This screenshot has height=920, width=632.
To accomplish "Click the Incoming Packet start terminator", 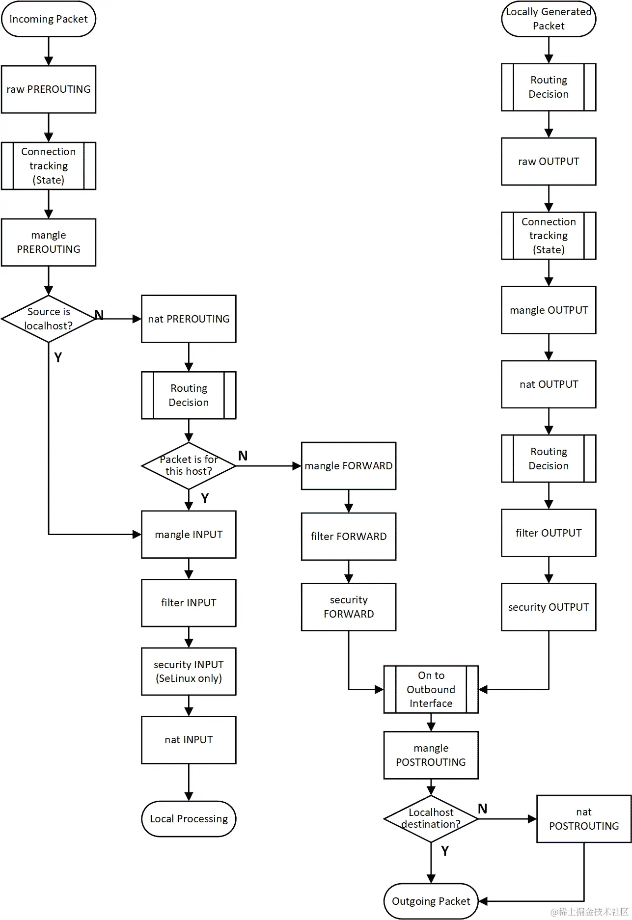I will [x=48, y=19].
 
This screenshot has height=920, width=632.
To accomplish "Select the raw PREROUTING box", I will [x=48, y=89].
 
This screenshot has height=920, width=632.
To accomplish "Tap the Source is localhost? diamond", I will [x=48, y=319].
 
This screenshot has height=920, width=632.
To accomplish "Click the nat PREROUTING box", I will [x=189, y=319].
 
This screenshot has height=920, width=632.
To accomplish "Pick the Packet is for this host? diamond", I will [x=189, y=465].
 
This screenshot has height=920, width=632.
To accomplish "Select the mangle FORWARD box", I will [x=348, y=465].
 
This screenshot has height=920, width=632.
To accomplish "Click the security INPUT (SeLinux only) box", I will [x=189, y=671].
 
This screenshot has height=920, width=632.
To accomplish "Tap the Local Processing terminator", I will [x=189, y=818].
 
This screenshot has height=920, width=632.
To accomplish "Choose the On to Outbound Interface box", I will [x=431, y=689].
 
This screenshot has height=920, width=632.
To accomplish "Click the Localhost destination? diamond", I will [x=431, y=818].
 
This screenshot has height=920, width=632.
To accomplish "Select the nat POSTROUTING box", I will [x=583, y=818].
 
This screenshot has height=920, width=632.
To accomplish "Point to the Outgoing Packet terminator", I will [x=431, y=901].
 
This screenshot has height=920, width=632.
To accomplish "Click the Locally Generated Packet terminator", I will [x=549, y=19].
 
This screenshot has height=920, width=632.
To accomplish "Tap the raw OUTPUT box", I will [x=549, y=162].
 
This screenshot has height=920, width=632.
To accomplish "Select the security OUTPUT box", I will [x=549, y=607].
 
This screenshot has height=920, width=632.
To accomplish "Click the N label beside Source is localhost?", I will [x=99, y=315].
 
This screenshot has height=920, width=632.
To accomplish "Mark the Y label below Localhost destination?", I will [x=445, y=851].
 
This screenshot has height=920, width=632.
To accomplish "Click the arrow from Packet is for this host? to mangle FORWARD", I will [x=268, y=466].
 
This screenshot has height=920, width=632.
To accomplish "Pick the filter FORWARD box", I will [x=348, y=536].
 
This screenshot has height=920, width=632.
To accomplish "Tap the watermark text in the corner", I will [x=589, y=912].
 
